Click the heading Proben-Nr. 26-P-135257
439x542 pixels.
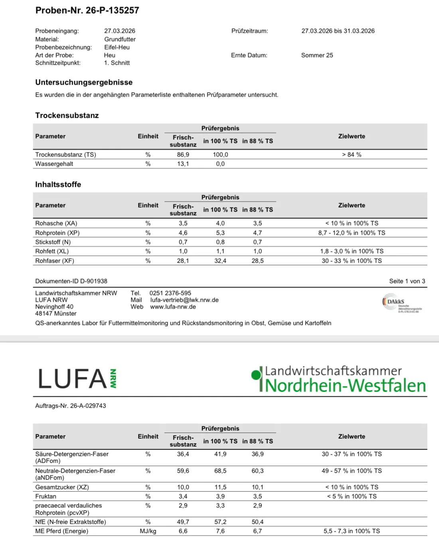pos(87,10)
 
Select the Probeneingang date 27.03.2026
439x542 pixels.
pos(120,31)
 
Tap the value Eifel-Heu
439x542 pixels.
pos(117,47)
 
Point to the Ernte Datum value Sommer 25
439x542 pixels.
pos(317,55)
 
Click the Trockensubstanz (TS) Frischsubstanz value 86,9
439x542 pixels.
pos(183,154)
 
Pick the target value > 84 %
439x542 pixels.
pos(352,154)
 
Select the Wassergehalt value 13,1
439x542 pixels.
pos(183,164)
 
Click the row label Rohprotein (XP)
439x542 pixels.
pos(57,233)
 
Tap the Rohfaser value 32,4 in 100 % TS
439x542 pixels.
pos(220,261)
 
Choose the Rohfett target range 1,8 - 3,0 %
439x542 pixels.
pos(352,251)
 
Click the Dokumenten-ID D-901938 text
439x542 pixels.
pos(71,281)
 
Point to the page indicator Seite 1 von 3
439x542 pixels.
pos(407,281)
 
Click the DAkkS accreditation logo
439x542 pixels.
pos(401,304)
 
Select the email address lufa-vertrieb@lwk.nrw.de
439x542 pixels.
pos(184,300)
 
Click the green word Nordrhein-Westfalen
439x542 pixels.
pos(345,386)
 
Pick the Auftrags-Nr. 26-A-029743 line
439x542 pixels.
pos(71,406)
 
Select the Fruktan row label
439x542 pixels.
pos(46,496)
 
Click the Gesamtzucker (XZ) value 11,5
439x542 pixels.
pos(220,487)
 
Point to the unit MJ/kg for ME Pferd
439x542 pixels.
pos(148,531)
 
